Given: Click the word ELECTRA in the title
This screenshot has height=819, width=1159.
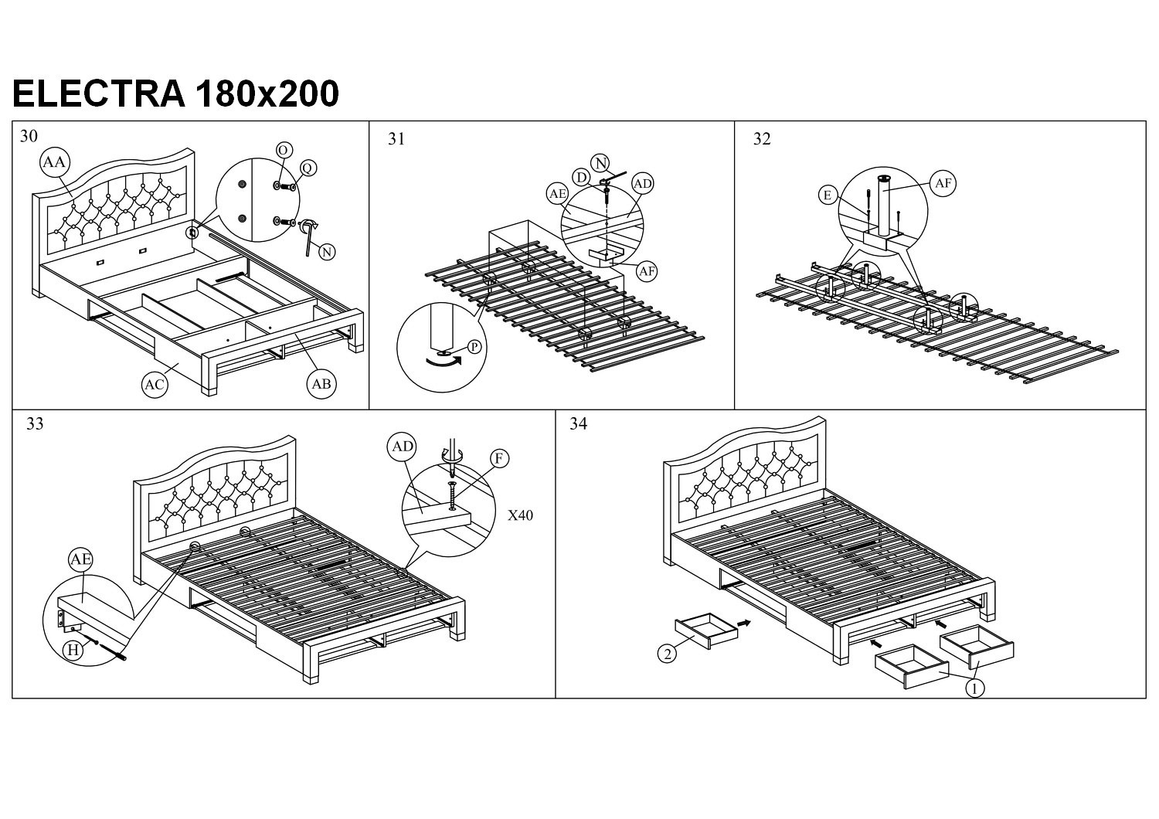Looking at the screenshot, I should coord(99,94).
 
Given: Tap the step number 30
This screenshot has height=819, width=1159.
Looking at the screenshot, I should coord(29,137).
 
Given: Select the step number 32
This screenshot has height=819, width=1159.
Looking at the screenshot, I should coord(762,139).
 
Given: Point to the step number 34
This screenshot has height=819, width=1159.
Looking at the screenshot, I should coord(578,423).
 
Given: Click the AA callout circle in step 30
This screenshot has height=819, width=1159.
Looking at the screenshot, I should coord(54,162).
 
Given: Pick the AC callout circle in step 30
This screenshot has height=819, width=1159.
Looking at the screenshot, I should coord(155,385).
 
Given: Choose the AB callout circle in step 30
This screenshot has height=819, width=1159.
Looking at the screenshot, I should coord(321,384).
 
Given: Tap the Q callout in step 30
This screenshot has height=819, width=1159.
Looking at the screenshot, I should coord(308,168).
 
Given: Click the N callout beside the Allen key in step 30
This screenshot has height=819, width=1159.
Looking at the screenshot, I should coord(327,251).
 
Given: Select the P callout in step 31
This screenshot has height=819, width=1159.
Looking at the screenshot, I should coord(474,347).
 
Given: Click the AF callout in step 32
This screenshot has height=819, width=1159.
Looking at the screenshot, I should coord(943,183).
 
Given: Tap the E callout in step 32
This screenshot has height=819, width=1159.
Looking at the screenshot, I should coord(828,195).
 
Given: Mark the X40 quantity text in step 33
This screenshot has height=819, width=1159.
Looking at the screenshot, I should coord(520,515).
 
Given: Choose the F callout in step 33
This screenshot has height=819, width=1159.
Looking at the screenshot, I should coord(499,459).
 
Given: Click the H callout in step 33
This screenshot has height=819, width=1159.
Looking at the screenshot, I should coord(73,651).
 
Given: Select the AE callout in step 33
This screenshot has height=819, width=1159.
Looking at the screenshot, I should coord(80,559).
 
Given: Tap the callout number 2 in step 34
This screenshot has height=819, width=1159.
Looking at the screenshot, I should coord(666,654).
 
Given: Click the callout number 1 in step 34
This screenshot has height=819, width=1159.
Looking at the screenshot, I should coord(976,688).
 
